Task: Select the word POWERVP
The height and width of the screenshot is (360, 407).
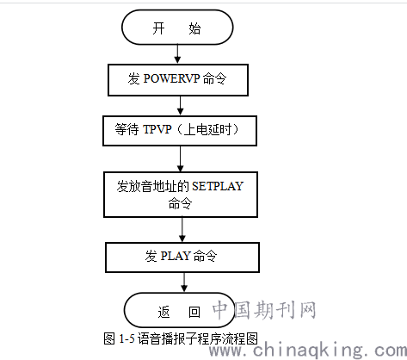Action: (x=171, y=78)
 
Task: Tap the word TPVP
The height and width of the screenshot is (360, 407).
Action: (x=157, y=129)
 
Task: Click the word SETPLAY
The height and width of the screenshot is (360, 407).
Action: (x=218, y=186)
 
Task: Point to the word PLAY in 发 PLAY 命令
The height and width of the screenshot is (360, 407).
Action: (x=176, y=256)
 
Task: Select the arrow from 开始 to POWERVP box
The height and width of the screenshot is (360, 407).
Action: (x=177, y=53)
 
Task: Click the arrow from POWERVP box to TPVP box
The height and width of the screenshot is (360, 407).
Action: (x=180, y=106)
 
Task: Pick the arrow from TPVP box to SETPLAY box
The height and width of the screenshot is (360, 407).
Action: (x=181, y=158)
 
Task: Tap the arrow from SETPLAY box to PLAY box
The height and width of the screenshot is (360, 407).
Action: (x=182, y=230)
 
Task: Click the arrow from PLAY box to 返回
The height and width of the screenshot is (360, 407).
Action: (x=184, y=282)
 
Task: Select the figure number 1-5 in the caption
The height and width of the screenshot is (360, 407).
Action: (x=126, y=339)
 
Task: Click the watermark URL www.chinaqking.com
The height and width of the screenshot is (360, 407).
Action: (x=308, y=350)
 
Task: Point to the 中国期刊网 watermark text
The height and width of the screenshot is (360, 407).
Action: (x=264, y=310)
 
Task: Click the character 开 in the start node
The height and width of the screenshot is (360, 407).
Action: (x=158, y=28)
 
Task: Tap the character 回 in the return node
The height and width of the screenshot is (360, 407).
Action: (x=194, y=312)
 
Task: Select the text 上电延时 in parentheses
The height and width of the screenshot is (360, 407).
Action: (x=207, y=129)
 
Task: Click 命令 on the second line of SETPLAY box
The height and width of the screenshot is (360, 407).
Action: (x=180, y=204)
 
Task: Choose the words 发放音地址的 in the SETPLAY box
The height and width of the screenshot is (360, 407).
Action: (x=152, y=186)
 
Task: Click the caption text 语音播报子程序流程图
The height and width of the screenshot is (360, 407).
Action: (x=198, y=339)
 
